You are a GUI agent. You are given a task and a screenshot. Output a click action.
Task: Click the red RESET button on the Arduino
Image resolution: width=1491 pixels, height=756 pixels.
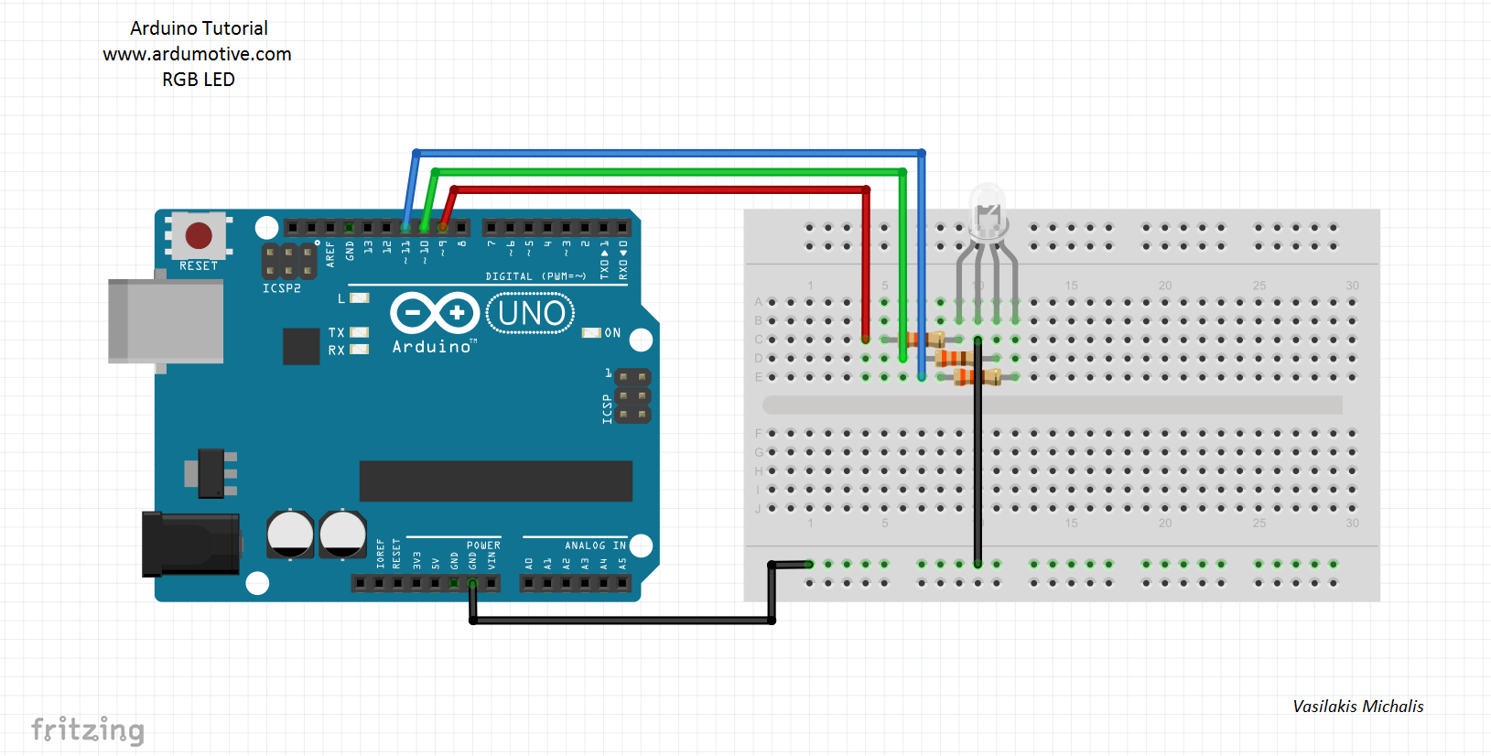click(x=199, y=235)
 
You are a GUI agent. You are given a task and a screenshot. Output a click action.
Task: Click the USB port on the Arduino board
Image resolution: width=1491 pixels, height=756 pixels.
click(x=166, y=321)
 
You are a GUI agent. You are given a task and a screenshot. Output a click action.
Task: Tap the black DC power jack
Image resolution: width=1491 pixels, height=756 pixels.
click(x=191, y=545)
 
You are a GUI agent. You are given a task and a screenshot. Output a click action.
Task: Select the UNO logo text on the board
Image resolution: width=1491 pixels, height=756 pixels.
click(x=531, y=314)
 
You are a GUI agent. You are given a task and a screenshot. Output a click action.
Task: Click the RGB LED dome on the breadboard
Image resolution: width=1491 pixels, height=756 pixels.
click(x=987, y=211)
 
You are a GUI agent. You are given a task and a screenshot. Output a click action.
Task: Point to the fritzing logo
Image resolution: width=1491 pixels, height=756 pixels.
click(x=88, y=729)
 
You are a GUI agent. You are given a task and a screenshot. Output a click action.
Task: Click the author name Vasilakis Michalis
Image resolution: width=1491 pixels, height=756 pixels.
click(x=1357, y=707)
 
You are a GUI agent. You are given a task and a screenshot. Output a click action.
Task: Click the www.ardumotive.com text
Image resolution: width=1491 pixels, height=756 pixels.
click(x=197, y=54)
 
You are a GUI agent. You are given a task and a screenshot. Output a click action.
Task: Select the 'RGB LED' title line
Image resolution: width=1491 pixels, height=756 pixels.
click(x=199, y=80)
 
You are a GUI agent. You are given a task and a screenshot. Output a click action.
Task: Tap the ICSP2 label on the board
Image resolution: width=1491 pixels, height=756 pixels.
click(x=281, y=288)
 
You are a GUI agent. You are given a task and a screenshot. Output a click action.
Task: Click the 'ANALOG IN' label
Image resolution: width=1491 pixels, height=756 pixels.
click(x=595, y=545)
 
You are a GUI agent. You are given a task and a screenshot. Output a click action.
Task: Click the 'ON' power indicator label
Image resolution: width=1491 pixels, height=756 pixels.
click(x=612, y=333)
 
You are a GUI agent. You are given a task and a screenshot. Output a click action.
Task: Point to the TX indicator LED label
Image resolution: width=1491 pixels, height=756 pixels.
click(x=336, y=333)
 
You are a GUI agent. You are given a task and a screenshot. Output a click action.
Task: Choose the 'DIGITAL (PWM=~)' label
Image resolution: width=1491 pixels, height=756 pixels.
click(x=535, y=276)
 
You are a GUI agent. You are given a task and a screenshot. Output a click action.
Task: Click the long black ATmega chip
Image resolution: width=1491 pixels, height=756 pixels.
click(x=495, y=481)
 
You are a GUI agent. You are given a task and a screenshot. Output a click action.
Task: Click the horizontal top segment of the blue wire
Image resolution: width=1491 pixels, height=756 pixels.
click(x=668, y=153)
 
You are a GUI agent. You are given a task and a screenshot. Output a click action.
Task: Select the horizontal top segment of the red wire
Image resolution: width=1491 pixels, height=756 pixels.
click(x=659, y=189)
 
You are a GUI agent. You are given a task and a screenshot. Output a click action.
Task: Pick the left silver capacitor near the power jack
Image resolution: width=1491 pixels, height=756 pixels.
click(x=290, y=535)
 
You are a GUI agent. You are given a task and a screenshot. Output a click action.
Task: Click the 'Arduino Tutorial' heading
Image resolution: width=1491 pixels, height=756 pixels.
click(x=199, y=28)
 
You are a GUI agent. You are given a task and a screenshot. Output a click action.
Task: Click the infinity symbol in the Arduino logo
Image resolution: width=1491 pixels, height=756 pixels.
click(x=435, y=314)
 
